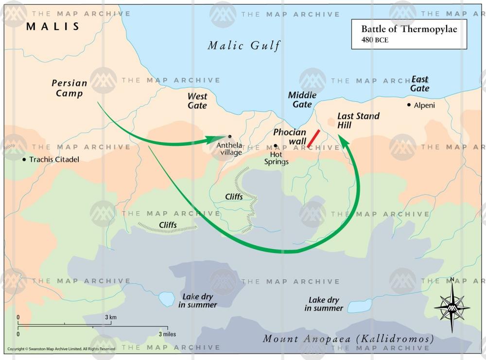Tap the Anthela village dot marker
click(229, 136)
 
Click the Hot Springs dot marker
click(275, 145)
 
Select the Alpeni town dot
click(409, 105)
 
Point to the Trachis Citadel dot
click(24, 159)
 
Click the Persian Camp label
click(69, 88)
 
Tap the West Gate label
click(197, 101)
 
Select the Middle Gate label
click(302, 99)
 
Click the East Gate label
click(420, 84)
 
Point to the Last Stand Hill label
click(358, 121)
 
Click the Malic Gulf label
click(244, 46)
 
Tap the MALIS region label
click(52, 26)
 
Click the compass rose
click(451, 307)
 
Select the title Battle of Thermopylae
click(409, 29)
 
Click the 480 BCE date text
click(374, 40)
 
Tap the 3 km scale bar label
click(111, 317)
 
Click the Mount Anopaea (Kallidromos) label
click(348, 339)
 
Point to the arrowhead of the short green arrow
click(221, 139)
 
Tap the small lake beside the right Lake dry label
click(359, 306)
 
